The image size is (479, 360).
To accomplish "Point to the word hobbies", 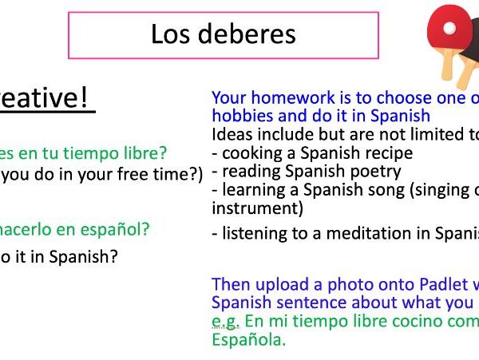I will [240, 116].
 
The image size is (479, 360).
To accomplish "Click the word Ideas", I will [232, 134].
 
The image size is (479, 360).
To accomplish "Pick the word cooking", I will [251, 152].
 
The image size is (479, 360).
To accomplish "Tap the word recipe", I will [388, 152].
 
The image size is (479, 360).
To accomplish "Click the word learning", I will [254, 190].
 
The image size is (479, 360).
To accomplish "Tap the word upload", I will [275, 284].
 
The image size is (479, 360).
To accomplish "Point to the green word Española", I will [247, 339].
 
